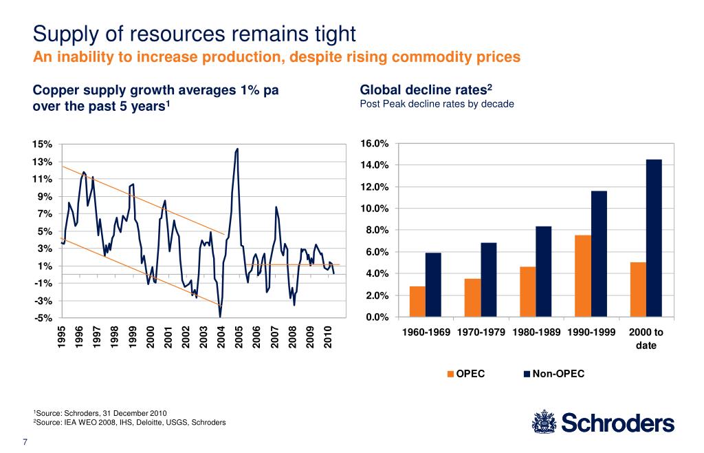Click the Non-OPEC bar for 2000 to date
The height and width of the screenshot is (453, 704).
tap(654, 238)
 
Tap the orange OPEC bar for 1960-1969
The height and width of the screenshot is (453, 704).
tap(417, 302)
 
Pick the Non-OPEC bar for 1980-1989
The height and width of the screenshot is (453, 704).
tap(544, 271)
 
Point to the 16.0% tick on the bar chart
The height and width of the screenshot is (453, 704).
tap(375, 144)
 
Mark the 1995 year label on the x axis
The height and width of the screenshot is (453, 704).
tap(62, 338)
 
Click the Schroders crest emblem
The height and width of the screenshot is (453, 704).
tap(544, 422)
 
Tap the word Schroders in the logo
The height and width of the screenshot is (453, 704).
tap(619, 423)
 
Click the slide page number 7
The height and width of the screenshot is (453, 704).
tap(25, 441)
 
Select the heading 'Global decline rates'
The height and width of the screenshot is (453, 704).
tap(424, 89)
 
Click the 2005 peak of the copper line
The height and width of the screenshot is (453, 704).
tap(237, 149)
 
